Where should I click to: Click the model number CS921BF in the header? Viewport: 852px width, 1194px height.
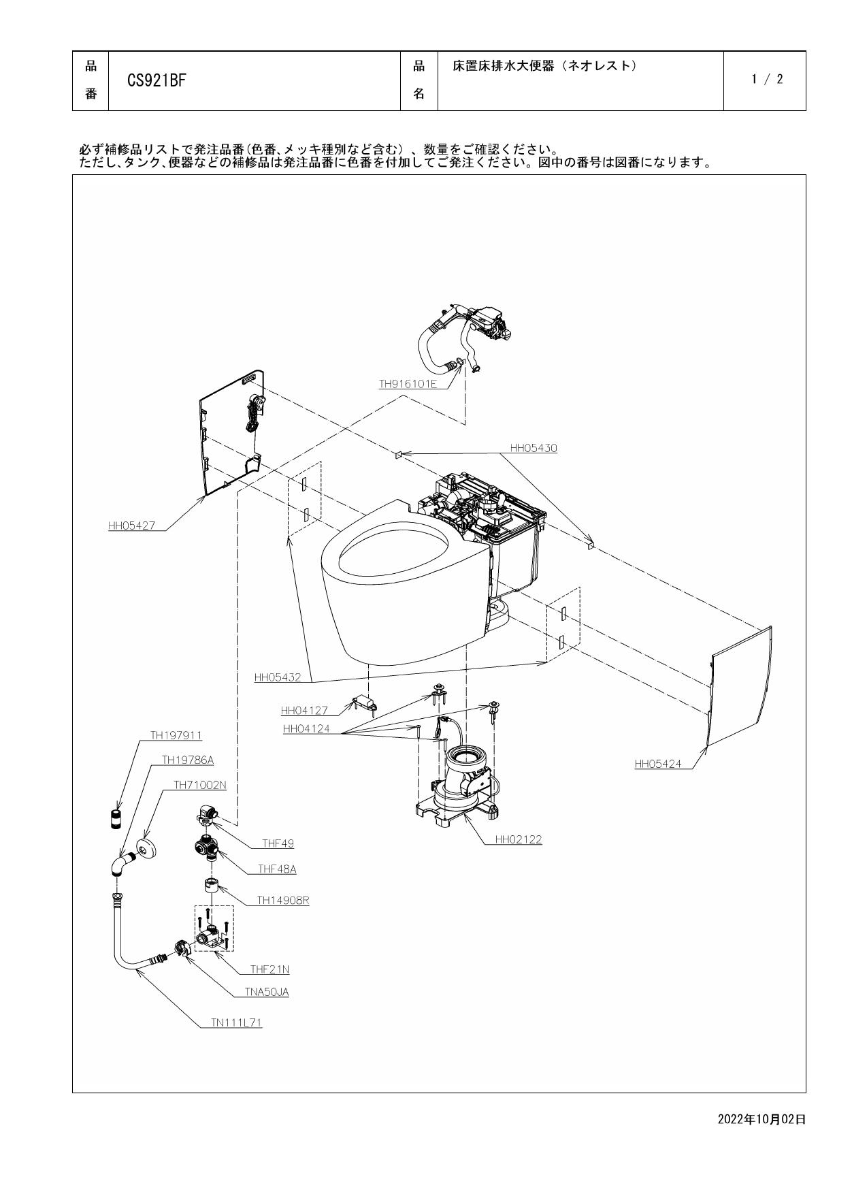(x=156, y=81)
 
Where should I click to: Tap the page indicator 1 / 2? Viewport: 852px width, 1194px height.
(x=767, y=80)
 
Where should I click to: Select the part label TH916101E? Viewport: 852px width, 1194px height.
(x=408, y=384)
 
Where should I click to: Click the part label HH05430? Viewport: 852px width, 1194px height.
(x=534, y=448)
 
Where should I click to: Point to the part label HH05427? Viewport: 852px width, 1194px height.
(x=131, y=526)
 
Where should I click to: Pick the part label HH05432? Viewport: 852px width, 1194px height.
(x=277, y=677)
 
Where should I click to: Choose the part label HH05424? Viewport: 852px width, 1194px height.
(x=657, y=764)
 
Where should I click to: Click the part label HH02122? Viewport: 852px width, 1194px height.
(x=519, y=839)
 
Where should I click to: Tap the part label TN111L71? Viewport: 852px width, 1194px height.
(x=236, y=1022)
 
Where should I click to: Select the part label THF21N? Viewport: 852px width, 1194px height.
(x=269, y=969)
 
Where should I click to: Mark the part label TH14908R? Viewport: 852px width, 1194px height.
(x=283, y=900)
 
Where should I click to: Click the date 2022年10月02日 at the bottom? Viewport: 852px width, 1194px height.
(x=761, y=1119)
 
